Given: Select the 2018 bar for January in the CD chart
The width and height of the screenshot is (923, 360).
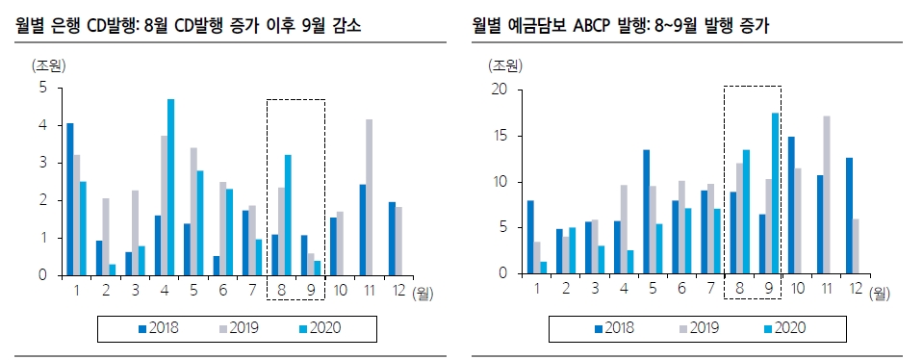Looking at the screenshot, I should tap(70, 198).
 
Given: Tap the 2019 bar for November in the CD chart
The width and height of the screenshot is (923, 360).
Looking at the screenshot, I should tap(369, 196).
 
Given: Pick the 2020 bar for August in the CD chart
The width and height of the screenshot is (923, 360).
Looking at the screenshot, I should tap(287, 215).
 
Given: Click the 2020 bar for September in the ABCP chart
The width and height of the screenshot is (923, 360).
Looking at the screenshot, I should tap(775, 193).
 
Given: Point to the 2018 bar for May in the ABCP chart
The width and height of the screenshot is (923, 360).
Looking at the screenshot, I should tap(646, 212).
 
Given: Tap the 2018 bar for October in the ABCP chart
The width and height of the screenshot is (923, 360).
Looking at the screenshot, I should tap(791, 205).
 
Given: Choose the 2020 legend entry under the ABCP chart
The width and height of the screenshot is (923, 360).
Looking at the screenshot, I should tap(779, 327).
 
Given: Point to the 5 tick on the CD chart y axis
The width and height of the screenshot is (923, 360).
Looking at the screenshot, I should tap(42, 88).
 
